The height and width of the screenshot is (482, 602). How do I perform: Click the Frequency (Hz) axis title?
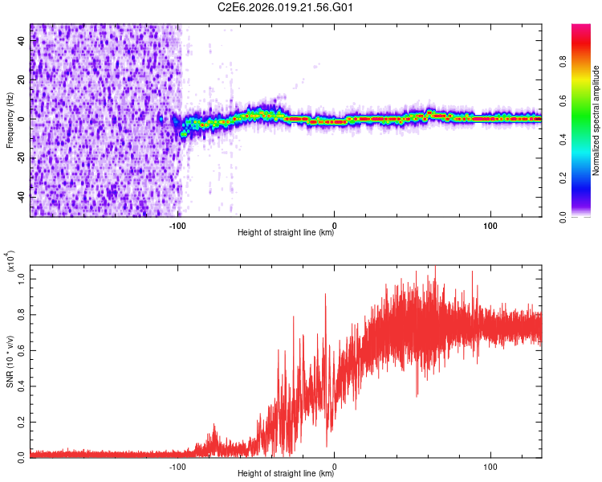tap(10, 120)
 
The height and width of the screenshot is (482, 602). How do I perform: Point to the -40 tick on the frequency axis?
tap(22, 196)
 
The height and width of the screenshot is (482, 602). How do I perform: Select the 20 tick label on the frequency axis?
tap(22, 80)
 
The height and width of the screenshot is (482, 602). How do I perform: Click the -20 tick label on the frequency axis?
tap(22, 157)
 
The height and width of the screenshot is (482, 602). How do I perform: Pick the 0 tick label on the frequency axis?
tap(22, 119)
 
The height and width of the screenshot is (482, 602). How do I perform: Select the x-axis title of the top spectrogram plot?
tap(286, 233)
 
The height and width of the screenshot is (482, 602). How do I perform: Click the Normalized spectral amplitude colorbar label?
tap(596, 120)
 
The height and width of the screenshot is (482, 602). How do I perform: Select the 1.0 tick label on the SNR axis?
tap(22, 278)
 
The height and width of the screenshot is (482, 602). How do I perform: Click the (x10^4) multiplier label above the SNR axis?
tap(10, 262)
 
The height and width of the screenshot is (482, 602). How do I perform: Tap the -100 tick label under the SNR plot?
tap(178, 465)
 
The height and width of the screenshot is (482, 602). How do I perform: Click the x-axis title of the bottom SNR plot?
tap(286, 474)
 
